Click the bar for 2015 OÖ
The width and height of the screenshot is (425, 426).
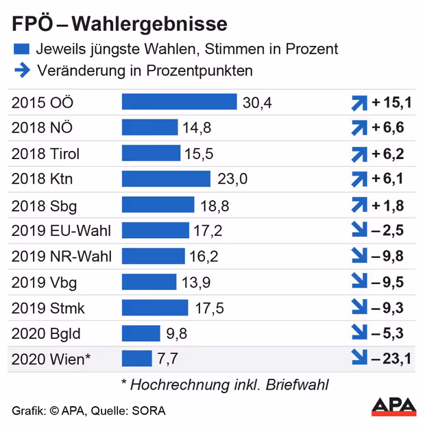[x=180, y=102]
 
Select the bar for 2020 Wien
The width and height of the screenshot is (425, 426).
[x=136, y=358]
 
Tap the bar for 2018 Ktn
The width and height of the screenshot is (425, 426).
[x=166, y=179]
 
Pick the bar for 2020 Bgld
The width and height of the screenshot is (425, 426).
[x=141, y=333]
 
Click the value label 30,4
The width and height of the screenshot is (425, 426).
[x=258, y=103]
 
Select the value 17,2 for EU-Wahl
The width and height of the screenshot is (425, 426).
[x=208, y=230]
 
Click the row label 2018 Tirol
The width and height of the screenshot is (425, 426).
[x=47, y=154]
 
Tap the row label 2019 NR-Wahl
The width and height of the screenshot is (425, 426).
[x=62, y=257]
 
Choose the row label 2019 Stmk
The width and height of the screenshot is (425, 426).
[x=48, y=308]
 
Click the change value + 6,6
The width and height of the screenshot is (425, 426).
[x=388, y=128]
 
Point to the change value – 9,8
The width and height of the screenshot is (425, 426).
[x=388, y=257]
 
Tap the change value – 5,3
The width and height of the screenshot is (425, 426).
[x=388, y=333]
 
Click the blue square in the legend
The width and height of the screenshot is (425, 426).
[x=21, y=49]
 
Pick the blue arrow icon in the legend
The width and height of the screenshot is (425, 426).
[x=21, y=70]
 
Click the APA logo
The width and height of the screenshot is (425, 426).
[x=393, y=405]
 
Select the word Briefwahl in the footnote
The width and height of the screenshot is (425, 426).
[x=297, y=385]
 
